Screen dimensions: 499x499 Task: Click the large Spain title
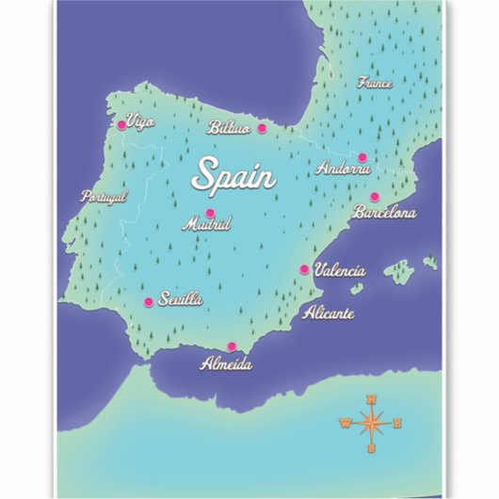point(233,176)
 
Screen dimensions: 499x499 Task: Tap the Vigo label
point(140,121)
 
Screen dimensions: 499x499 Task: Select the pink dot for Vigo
point(121,124)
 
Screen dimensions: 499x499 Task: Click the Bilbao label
point(229,128)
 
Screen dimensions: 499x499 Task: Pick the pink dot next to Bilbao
point(262,128)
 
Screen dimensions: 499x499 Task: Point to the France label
point(375,83)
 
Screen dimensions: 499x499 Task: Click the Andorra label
point(344,169)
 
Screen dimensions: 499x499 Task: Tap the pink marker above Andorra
point(362,157)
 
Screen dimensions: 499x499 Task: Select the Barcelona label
point(384,213)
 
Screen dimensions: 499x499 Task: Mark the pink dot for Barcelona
point(374,197)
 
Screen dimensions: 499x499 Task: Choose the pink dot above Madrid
point(210,212)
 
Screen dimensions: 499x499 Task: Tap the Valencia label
point(339,270)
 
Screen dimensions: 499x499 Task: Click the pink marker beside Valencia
point(304,269)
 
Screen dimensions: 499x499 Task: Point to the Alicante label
point(329,314)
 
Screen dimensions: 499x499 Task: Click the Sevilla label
point(181,299)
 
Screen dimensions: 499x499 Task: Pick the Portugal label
point(104,197)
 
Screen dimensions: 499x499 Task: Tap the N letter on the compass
point(372,400)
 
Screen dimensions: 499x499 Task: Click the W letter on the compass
point(344,423)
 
